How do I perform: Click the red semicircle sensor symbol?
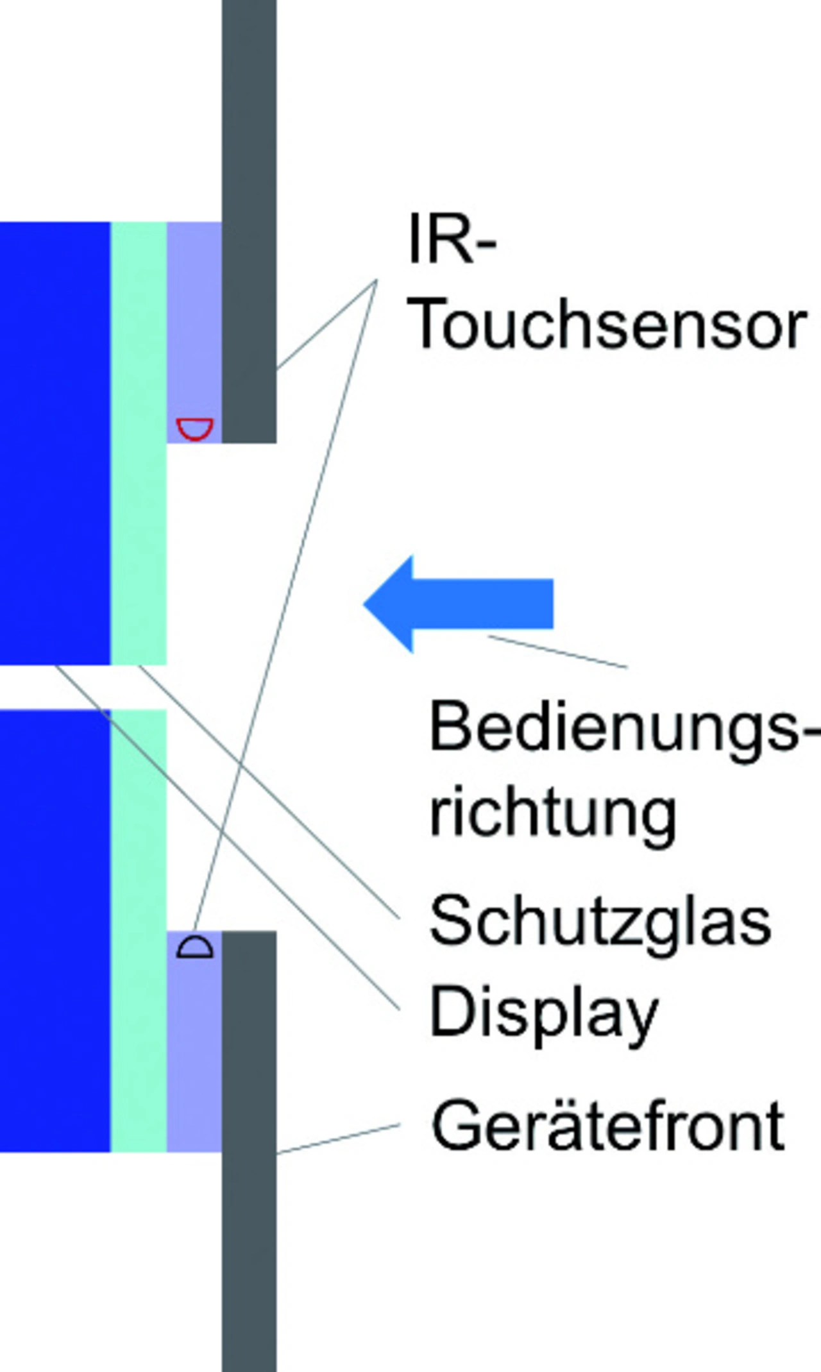(194, 428)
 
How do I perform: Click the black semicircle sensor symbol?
(194, 947)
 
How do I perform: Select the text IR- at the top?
(452, 241)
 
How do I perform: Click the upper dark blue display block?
(55, 443)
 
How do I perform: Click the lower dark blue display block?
(55, 930)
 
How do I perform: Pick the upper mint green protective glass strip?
(139, 443)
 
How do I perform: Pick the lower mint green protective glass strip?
(139, 930)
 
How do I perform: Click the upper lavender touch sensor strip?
(194, 321)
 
